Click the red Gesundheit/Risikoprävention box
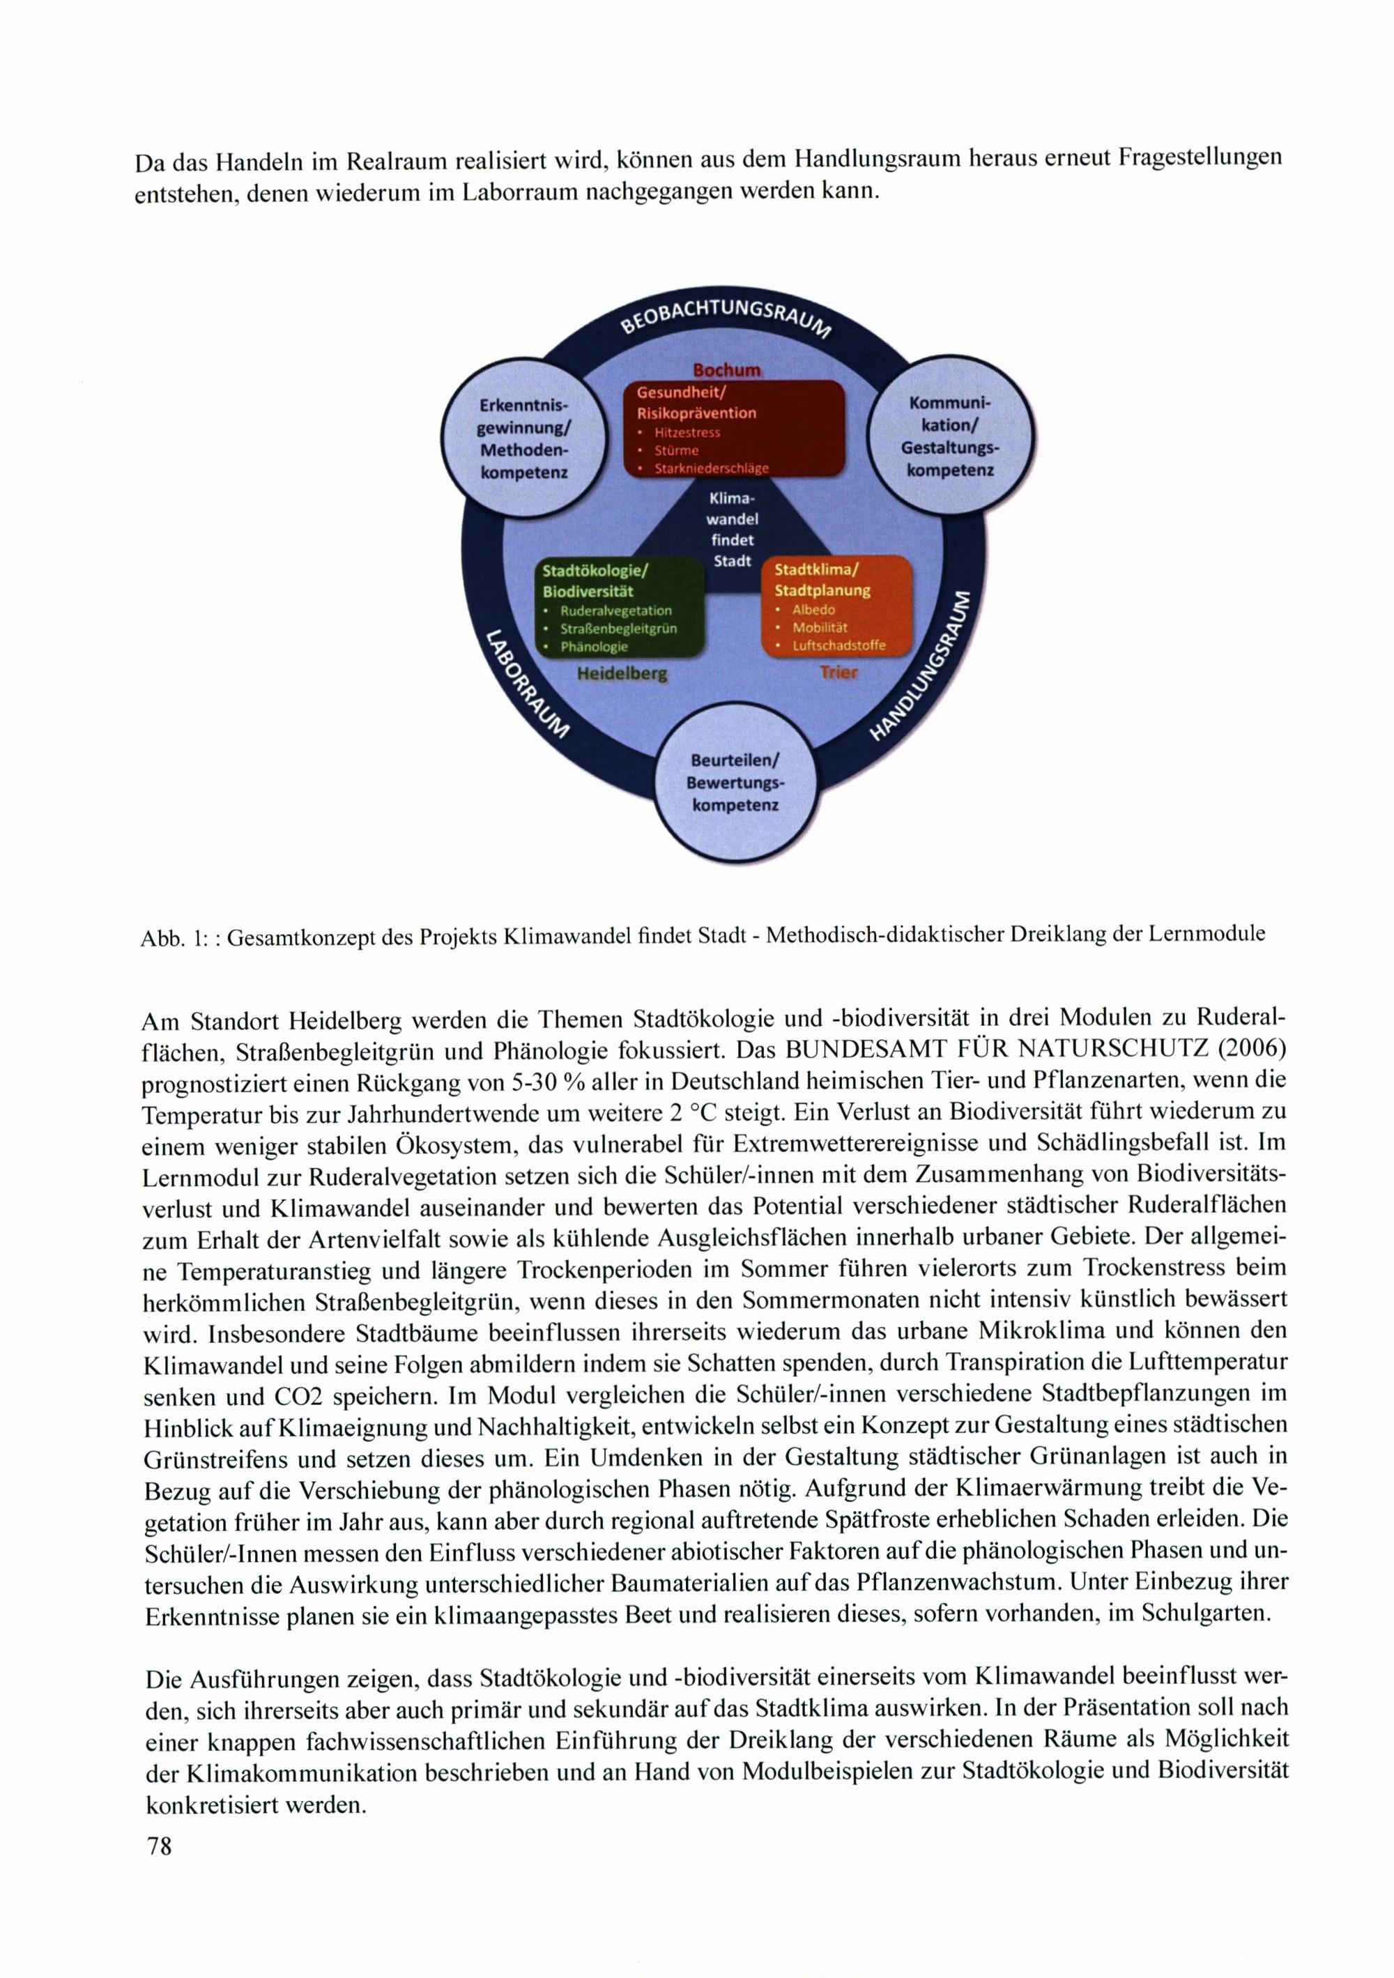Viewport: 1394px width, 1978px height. [x=733, y=427]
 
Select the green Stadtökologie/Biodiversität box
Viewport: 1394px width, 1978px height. [x=620, y=606]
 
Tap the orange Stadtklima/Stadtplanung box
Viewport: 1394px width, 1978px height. [x=836, y=606]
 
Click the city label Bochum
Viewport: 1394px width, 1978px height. [x=728, y=369]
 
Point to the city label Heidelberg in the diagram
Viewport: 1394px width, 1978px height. [x=622, y=674]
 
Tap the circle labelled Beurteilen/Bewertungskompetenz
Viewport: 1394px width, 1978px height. [x=735, y=782]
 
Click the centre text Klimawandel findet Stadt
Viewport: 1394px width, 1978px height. [x=733, y=530]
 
